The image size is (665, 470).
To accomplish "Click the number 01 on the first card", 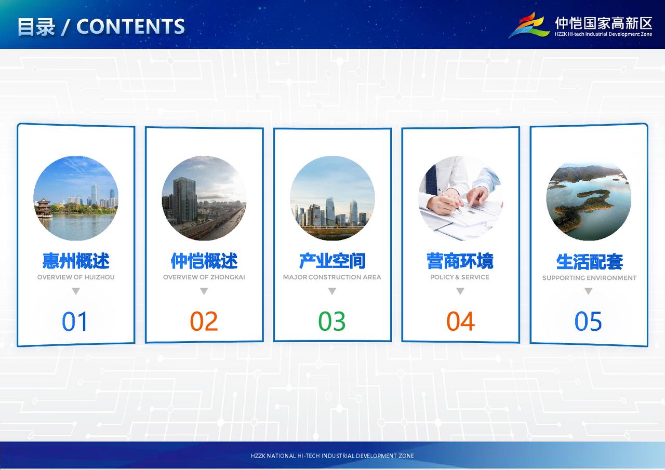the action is click(x=74, y=321).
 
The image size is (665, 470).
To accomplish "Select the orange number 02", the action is click(x=204, y=321).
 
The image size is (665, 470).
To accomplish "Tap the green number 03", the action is click(x=332, y=321).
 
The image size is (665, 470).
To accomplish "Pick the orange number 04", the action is click(x=460, y=321).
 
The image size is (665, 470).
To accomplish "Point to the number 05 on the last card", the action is click(x=588, y=321).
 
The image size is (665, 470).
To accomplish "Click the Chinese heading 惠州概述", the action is click(x=76, y=261).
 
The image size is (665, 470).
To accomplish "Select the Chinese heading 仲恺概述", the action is click(x=204, y=261).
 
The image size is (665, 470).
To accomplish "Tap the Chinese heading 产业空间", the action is click(x=332, y=261).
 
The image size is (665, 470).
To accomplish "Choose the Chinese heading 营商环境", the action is click(x=460, y=261).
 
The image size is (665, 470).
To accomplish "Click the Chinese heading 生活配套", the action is click(x=589, y=262).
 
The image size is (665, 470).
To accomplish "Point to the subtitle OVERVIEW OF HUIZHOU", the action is click(x=76, y=277).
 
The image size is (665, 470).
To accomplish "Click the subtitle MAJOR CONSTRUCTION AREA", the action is click(x=332, y=277).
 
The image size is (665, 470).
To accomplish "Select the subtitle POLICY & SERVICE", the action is click(x=460, y=277).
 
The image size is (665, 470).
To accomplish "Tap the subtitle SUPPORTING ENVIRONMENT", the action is click(x=589, y=278).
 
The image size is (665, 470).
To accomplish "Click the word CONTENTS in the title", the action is click(x=130, y=26).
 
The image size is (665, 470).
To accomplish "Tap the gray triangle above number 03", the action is click(x=332, y=291).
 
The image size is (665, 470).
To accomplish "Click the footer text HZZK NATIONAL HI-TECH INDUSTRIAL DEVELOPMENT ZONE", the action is click(x=332, y=456).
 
